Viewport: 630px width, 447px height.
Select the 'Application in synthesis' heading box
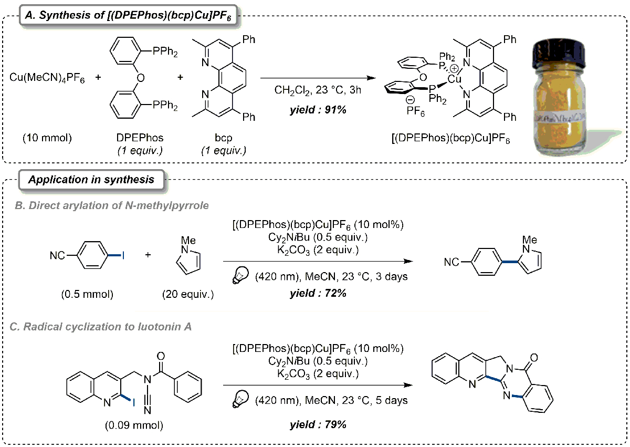point(91,179)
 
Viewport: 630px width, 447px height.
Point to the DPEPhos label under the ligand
point(138,138)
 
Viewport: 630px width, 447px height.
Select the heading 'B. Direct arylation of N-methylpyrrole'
point(111,205)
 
